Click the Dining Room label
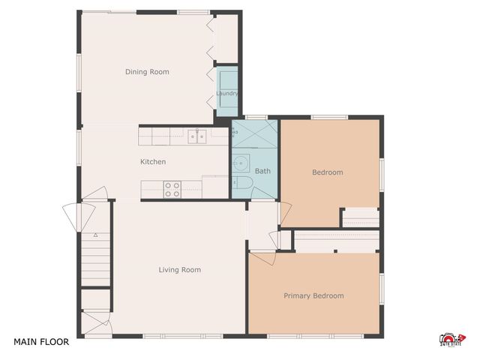pyautogui.click(x=146, y=72)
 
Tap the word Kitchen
pyautogui.click(x=153, y=162)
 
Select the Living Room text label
pyautogui.click(x=179, y=270)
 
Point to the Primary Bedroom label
pyautogui.click(x=313, y=295)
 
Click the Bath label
pyautogui.click(x=262, y=172)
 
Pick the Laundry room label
pyautogui.click(x=227, y=94)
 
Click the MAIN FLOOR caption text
pyautogui.click(x=41, y=342)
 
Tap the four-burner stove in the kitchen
pyautogui.click(x=172, y=189)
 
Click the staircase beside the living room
pyautogui.click(x=95, y=259)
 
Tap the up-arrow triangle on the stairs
pyautogui.click(x=96, y=235)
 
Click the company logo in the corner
pyautogui.click(x=451, y=340)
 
